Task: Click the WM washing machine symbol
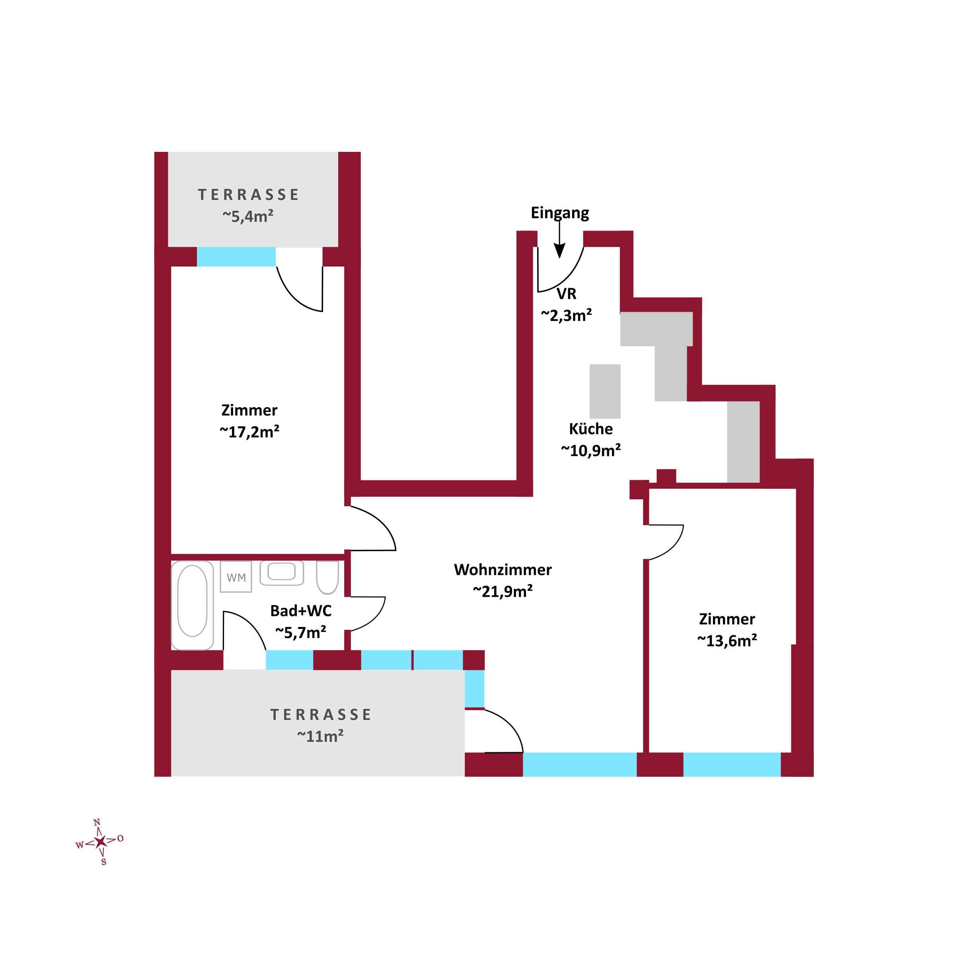[236, 577]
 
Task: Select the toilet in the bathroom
[327, 578]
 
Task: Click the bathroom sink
[281, 573]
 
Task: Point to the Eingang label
[559, 213]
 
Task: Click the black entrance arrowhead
[559, 250]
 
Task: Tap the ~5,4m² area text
[247, 216]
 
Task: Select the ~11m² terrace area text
[320, 736]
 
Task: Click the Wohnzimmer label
[503, 570]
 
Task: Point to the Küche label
[590, 429]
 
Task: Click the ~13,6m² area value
[727, 641]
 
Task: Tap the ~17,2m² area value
[249, 431]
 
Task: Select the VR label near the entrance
[566, 293]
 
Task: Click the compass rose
[100, 842]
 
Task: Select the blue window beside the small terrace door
[236, 256]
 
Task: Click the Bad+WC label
[301, 611]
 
